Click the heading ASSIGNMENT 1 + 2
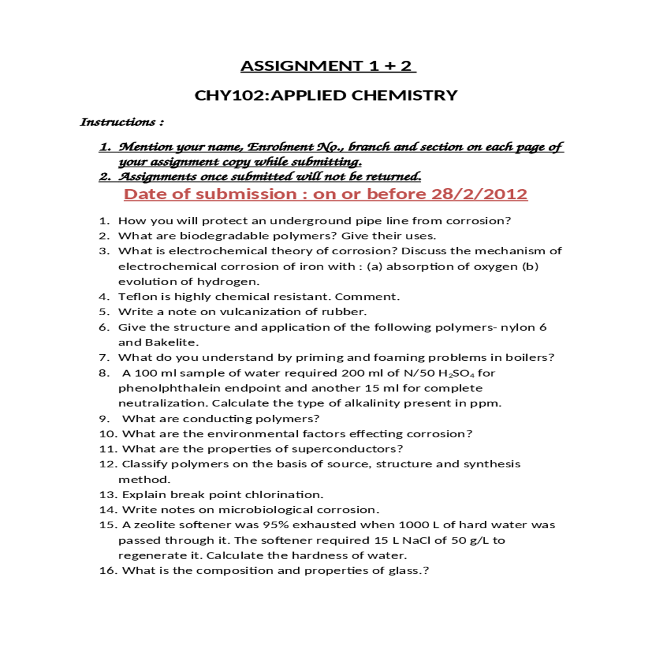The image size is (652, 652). (328, 66)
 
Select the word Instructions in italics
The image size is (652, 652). (118, 122)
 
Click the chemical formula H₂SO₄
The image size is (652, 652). (456, 373)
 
